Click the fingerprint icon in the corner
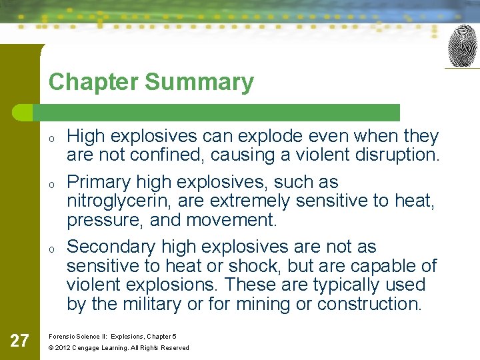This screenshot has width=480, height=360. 462,45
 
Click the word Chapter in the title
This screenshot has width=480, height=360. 93,82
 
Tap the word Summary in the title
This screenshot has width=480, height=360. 199,82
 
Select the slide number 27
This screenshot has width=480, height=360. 20,341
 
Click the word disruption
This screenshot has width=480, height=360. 399,155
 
